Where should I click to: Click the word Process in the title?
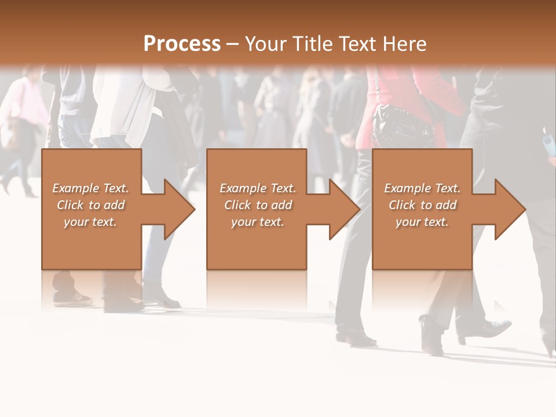[182, 44]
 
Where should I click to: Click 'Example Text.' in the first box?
[90, 188]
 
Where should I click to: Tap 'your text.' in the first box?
[90, 222]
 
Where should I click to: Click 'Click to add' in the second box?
[258, 205]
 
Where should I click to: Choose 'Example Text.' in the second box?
[258, 188]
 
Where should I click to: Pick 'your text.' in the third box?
[422, 222]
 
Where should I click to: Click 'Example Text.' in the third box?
[422, 188]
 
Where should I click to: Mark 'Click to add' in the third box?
[422, 205]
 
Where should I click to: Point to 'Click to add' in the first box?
[90, 205]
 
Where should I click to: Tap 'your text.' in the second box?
[258, 222]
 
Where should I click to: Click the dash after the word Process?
[233, 44]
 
